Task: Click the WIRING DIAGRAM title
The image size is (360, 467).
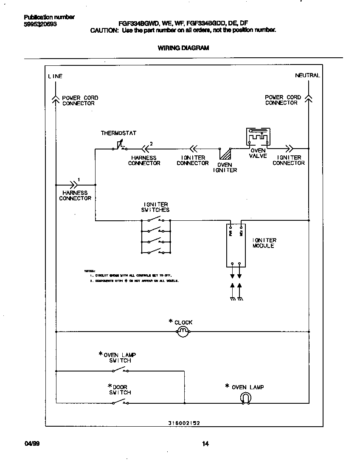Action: (x=183, y=48)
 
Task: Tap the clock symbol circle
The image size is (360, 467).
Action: (x=182, y=332)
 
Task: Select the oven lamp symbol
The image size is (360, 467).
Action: (x=246, y=398)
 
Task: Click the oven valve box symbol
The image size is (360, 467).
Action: (x=258, y=137)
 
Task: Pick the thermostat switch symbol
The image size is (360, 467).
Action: (x=119, y=146)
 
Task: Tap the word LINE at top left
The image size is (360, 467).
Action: (x=55, y=76)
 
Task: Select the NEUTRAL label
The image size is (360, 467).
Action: (x=307, y=76)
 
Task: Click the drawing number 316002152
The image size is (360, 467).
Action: (x=184, y=423)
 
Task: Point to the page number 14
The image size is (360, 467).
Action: (x=205, y=444)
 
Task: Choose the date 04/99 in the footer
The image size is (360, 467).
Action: (x=30, y=444)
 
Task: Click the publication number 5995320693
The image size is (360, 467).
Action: (x=40, y=24)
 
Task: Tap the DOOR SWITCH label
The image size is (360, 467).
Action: (x=120, y=390)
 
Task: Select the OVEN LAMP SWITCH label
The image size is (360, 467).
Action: (x=120, y=358)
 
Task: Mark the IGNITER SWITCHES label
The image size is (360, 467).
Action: (x=155, y=207)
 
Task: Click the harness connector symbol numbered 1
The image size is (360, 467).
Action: (x=75, y=185)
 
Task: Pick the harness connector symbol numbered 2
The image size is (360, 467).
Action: (x=145, y=149)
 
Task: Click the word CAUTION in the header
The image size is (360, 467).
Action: (x=104, y=31)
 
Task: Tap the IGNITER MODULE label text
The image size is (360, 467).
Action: (x=264, y=243)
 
